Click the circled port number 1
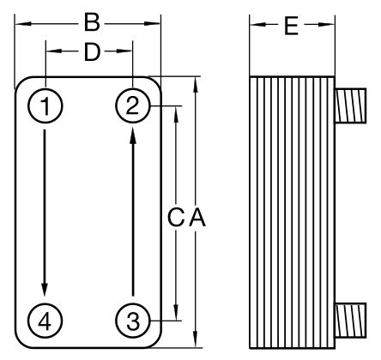click(45, 106)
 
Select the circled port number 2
click(132, 105)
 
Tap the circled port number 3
click(133, 321)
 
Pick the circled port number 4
click(45, 321)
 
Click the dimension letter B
click(92, 23)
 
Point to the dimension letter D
click(92, 52)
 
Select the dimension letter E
click(292, 27)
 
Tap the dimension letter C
click(175, 218)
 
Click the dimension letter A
click(197, 218)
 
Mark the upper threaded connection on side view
click(350, 105)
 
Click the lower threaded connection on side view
click(350, 321)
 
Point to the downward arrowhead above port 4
click(45, 289)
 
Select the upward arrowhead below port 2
click(133, 136)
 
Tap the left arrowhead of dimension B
click(22, 24)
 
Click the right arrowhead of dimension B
click(152, 24)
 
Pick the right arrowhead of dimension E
click(326, 25)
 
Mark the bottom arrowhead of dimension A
click(196, 339)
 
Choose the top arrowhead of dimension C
click(176, 114)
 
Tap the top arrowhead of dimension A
click(196, 85)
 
